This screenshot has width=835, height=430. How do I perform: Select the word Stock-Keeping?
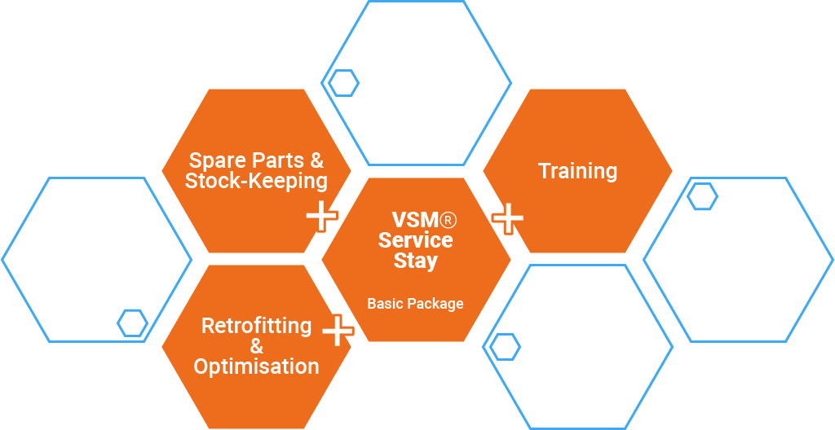click(x=256, y=181)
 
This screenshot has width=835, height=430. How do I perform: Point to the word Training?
click(x=577, y=171)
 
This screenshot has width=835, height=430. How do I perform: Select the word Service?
click(x=416, y=240)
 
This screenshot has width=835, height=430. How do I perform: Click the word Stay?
click(x=416, y=261)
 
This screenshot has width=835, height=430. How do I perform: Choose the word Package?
click(x=437, y=304)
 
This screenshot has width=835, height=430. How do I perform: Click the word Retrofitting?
click(x=256, y=326)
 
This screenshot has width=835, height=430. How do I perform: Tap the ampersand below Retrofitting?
click(x=256, y=346)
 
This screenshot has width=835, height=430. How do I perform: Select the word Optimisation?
click(x=256, y=366)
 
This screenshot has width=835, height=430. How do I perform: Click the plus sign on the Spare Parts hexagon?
click(x=322, y=216)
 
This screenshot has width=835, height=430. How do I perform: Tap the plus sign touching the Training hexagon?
click(x=508, y=218)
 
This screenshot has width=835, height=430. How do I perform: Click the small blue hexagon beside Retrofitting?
click(x=132, y=322)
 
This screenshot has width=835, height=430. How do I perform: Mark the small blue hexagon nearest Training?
click(x=702, y=196)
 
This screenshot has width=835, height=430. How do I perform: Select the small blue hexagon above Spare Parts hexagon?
click(x=343, y=82)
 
